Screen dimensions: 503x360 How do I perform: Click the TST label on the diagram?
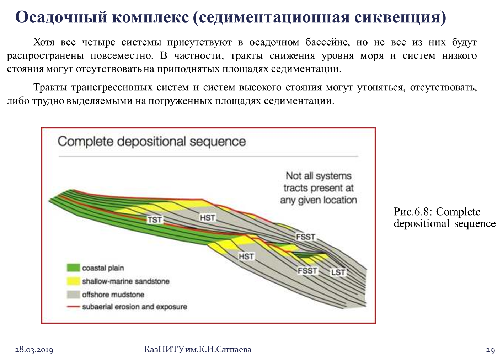click(155, 219)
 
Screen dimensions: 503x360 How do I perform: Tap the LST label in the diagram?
click(338, 272)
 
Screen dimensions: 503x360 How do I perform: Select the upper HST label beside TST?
click(208, 217)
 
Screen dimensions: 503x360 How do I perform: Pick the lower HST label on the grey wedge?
click(246, 256)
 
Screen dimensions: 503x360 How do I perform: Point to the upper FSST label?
click(306, 237)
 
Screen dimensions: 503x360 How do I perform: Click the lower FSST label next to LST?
click(307, 271)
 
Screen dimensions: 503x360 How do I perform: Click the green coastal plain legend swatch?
click(73, 268)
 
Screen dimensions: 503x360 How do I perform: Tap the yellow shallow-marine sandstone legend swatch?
click(73, 281)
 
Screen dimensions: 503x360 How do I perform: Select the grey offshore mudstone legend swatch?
click(73, 295)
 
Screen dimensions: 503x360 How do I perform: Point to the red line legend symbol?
click(73, 307)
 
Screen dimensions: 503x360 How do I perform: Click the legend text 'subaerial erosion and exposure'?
click(134, 307)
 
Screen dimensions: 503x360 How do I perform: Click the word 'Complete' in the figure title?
click(86, 142)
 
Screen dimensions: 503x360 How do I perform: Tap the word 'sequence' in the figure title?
click(218, 142)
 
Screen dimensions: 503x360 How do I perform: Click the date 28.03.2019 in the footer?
click(34, 350)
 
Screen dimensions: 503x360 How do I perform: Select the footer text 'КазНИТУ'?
click(164, 350)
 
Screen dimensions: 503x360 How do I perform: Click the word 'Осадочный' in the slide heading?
click(61, 17)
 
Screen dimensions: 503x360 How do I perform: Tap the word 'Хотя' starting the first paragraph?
click(44, 42)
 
